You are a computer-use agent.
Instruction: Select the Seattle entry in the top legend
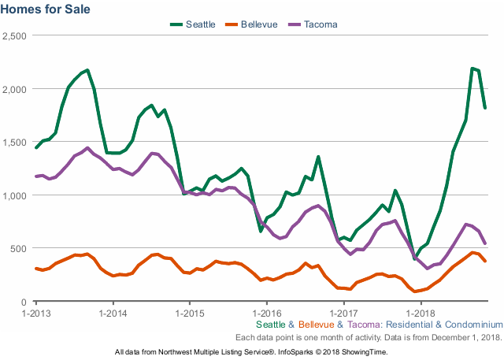point(200,24)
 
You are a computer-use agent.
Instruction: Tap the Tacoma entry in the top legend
point(321,24)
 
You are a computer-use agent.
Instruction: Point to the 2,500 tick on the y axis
point(15,35)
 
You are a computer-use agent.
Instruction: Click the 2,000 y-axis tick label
point(15,89)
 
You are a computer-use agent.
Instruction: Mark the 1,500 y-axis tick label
point(15,142)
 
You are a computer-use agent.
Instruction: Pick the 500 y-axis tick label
point(19,248)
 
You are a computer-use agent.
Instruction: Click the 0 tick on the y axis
point(24,302)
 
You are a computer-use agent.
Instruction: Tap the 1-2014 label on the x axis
point(113,313)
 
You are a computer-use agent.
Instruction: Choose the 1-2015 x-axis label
point(189,313)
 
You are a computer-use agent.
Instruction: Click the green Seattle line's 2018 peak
point(472,69)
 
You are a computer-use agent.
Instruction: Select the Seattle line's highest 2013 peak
point(87,70)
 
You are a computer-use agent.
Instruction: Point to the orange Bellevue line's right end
point(485,262)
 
